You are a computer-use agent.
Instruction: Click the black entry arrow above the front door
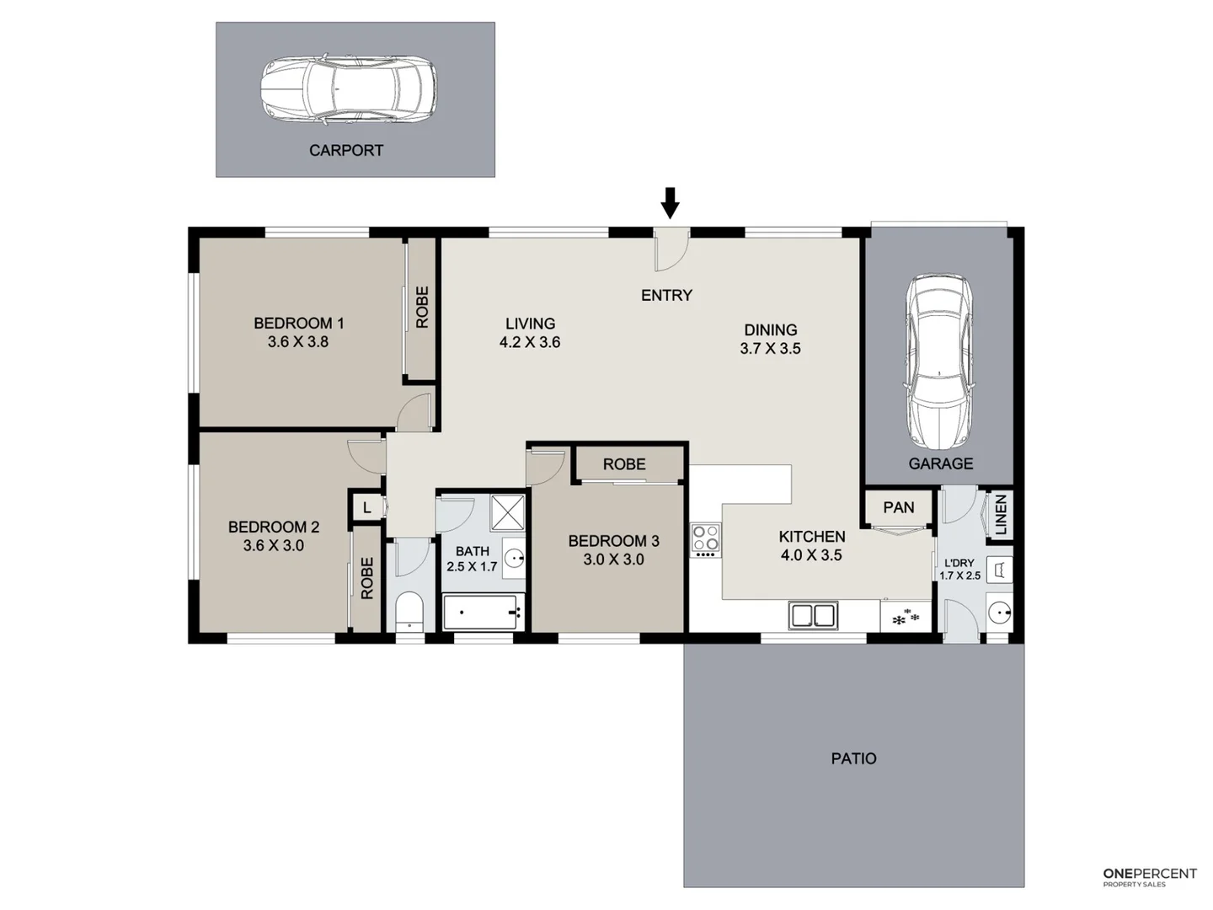coord(670,202)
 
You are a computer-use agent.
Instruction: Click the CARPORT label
coord(345,151)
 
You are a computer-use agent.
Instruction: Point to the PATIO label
coord(853,758)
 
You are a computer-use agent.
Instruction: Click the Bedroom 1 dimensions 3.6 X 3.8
coord(298,342)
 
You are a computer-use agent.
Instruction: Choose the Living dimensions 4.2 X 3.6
coord(530,342)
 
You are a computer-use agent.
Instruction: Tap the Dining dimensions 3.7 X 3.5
coord(770,348)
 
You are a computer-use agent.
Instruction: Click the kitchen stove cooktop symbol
coord(706,539)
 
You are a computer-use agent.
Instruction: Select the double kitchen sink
coord(813,615)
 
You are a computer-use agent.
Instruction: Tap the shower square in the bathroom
coord(508,512)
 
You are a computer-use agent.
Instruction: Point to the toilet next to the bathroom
coord(409,612)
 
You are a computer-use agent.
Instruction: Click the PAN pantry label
coord(898,507)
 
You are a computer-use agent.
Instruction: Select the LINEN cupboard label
coord(1001,515)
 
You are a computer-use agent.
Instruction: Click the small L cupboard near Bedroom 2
coord(366,507)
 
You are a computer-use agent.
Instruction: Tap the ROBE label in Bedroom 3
coord(624,464)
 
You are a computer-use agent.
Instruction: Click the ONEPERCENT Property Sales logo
coord(1149,876)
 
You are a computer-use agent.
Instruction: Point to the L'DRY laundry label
coord(959,563)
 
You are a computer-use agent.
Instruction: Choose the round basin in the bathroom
coord(514,558)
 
